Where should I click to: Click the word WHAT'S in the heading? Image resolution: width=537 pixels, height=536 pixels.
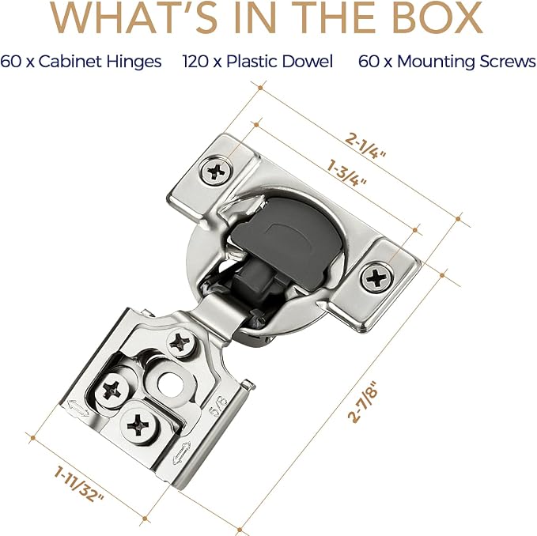pyautogui.click(x=134, y=17)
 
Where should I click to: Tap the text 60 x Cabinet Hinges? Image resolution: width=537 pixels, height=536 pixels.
pyautogui.click(x=81, y=62)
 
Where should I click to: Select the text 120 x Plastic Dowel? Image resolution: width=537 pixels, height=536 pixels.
pyautogui.click(x=258, y=62)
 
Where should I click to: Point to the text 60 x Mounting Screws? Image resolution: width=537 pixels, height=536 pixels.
pyautogui.click(x=447, y=62)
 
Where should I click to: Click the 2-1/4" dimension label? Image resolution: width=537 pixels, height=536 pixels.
pyautogui.click(x=365, y=146)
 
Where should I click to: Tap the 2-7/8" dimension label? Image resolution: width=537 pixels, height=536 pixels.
pyautogui.click(x=363, y=402)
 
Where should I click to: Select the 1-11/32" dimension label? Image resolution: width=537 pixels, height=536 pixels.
pyautogui.click(x=79, y=485)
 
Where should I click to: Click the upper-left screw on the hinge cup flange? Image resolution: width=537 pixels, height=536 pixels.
pyautogui.click(x=216, y=170)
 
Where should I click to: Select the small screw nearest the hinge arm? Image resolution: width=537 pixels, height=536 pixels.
pyautogui.click(x=180, y=342)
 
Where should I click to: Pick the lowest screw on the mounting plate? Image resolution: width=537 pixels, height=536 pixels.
pyautogui.click(x=139, y=425)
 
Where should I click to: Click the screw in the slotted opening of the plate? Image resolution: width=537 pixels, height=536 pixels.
pyautogui.click(x=112, y=391)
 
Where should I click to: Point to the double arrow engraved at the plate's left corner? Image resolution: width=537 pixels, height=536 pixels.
pyautogui.click(x=78, y=408)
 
